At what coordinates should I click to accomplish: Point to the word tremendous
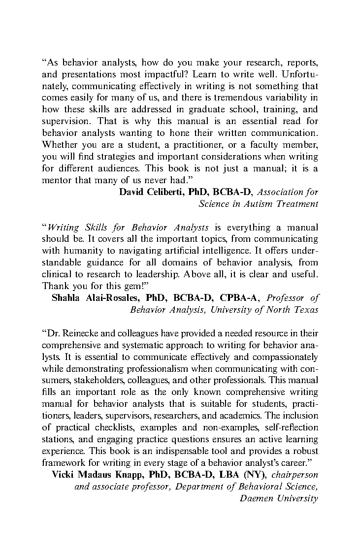231,98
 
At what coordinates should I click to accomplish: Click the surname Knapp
119,475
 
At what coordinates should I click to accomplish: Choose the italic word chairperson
295,475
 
